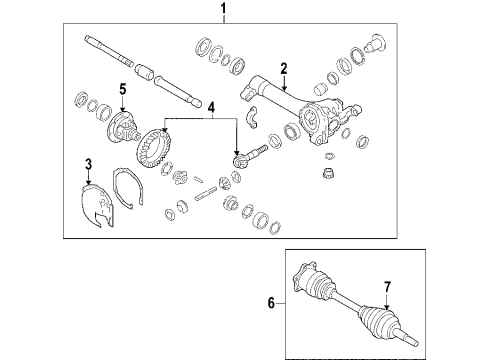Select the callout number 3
point(88,163)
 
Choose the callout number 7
point(387,289)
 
